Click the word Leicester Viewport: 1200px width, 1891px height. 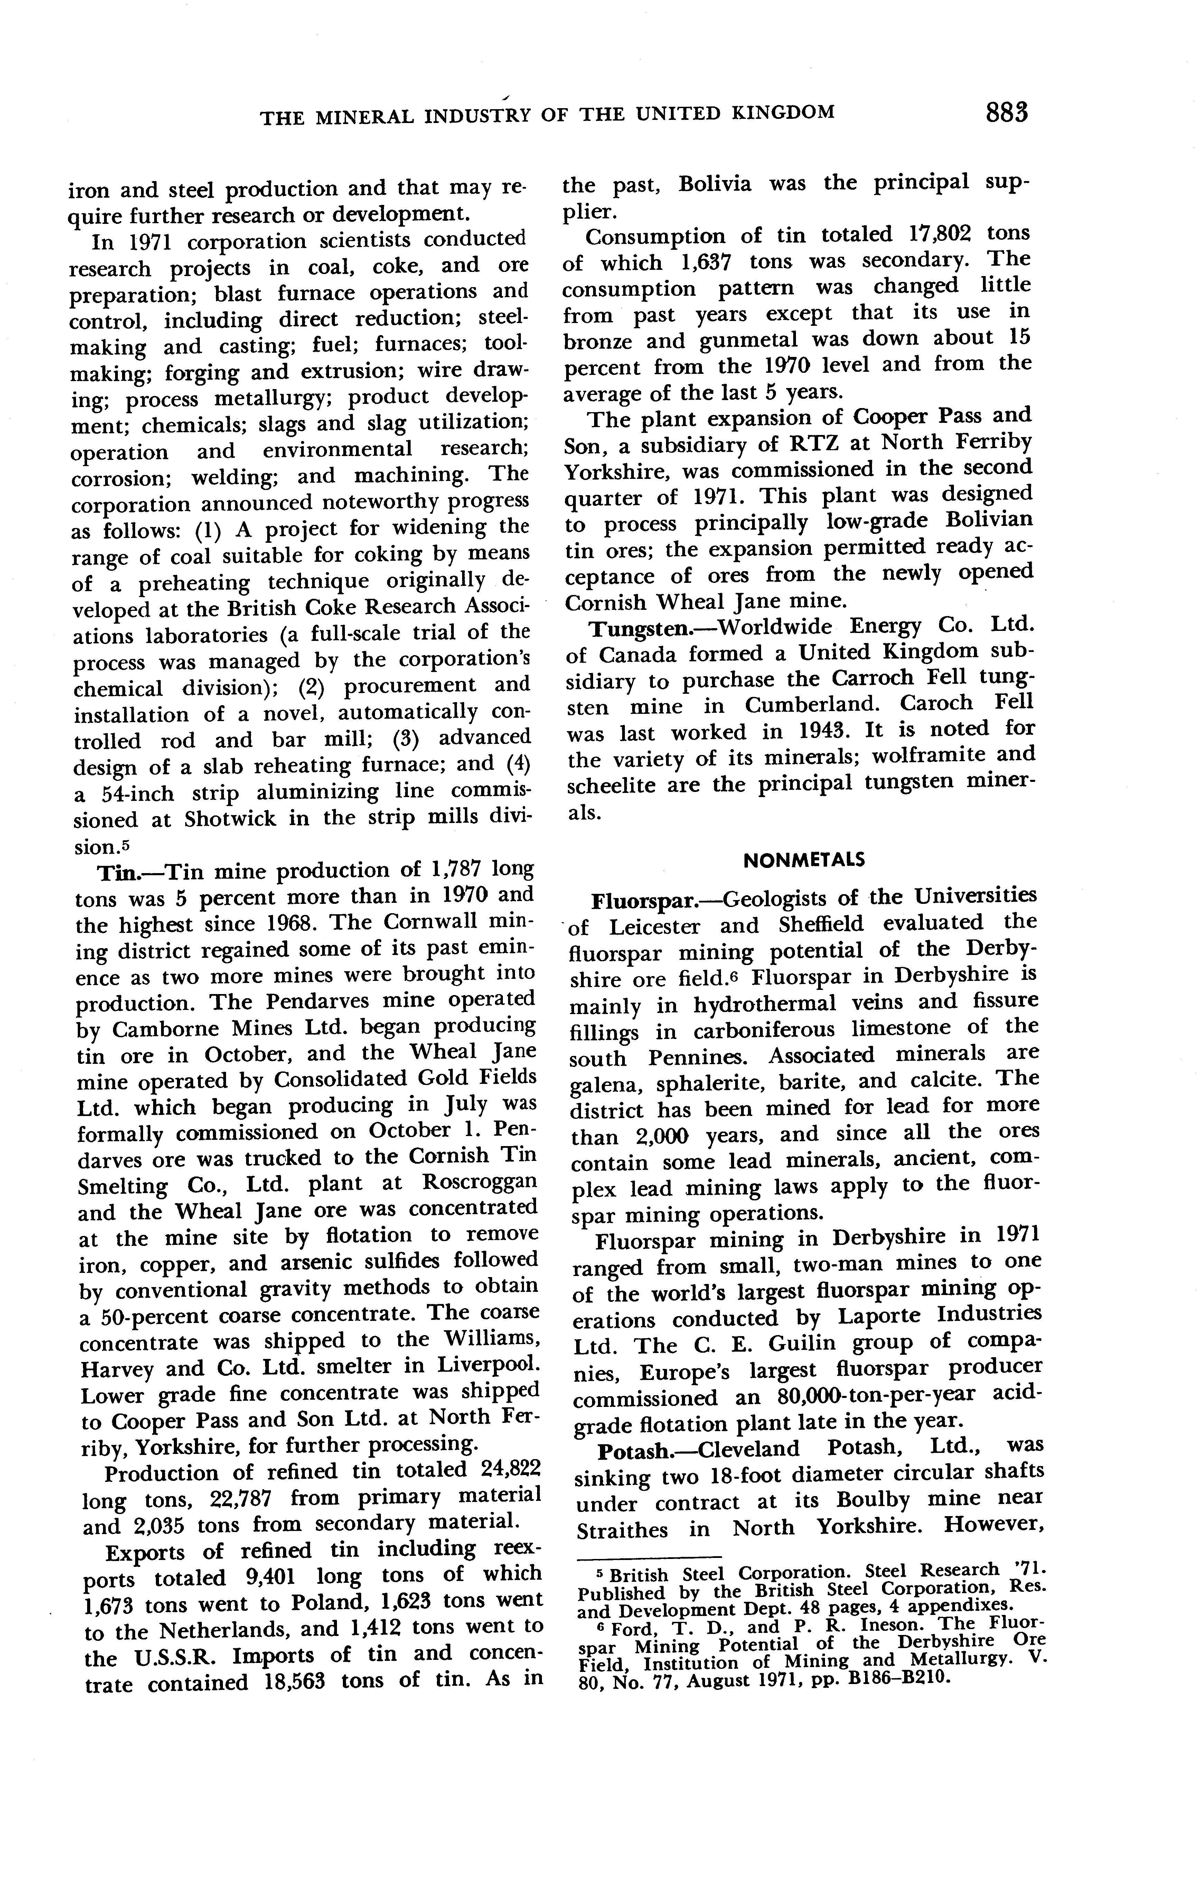point(656,927)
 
